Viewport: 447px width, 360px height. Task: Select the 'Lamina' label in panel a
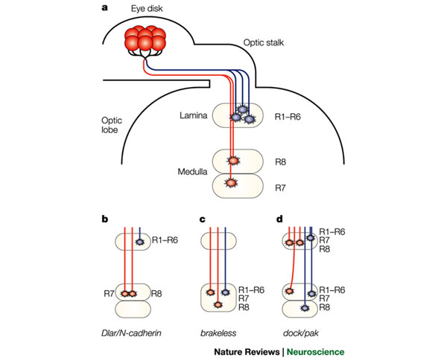coord(191,115)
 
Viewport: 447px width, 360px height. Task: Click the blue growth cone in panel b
coord(139,241)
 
